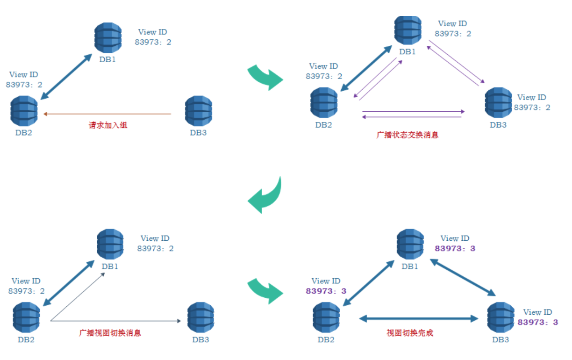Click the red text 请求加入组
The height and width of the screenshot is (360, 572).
108,125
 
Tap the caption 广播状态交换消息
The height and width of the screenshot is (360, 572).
408,135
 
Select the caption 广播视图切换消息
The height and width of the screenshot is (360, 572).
110,333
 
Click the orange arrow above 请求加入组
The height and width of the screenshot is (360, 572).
107,114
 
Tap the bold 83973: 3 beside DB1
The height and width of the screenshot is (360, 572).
455,248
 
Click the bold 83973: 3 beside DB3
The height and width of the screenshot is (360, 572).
537,322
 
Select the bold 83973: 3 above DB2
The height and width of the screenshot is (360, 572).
326,291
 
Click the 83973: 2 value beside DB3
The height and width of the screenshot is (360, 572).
532,108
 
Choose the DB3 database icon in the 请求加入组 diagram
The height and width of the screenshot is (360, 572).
199,110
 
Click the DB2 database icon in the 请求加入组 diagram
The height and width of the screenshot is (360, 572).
24,111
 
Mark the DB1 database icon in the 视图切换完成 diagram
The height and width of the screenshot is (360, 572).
410,244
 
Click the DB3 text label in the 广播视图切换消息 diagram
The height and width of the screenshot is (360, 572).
200,339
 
